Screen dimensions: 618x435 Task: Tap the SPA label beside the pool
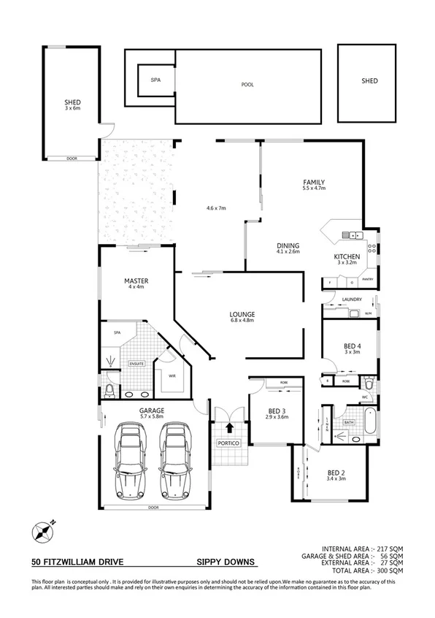155,80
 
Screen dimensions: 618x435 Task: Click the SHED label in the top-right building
369,81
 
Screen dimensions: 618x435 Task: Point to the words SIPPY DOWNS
226,562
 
